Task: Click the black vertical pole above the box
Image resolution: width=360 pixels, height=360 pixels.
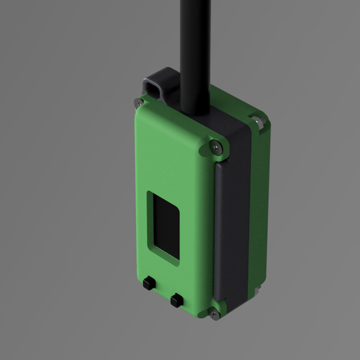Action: tap(195, 42)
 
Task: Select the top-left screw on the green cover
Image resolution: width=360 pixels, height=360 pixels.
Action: tap(137, 103)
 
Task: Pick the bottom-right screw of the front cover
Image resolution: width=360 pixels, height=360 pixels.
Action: tap(213, 313)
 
